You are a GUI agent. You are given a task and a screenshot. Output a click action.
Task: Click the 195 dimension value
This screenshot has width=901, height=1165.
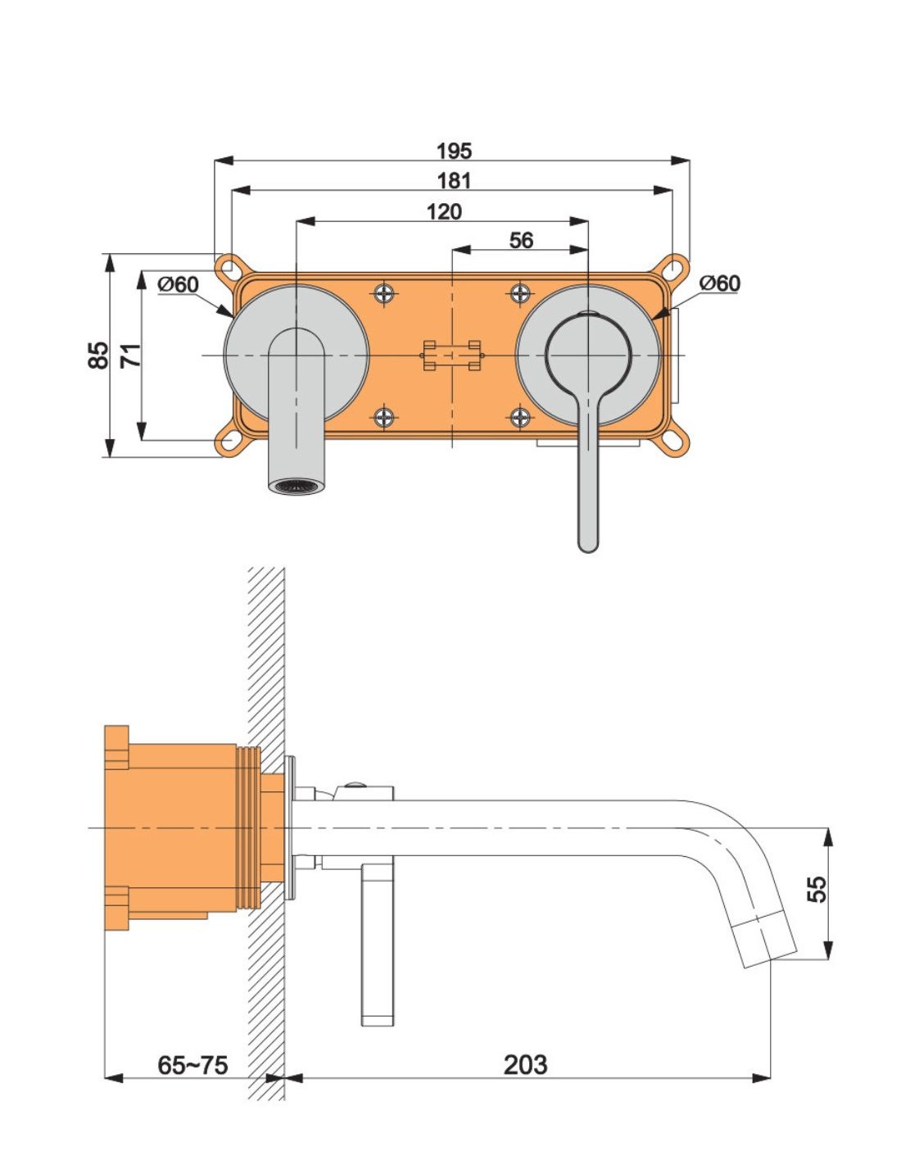[454, 151]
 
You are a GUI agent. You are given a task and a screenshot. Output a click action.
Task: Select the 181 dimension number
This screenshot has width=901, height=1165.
[454, 181]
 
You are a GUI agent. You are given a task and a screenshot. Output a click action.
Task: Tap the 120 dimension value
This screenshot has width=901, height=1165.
[444, 211]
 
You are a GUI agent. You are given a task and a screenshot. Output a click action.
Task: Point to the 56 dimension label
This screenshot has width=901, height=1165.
[521, 240]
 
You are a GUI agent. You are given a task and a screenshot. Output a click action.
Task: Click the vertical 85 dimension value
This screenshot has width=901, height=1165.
[97, 355]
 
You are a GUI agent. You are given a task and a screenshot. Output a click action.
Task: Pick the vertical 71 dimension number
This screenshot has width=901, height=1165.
[130, 355]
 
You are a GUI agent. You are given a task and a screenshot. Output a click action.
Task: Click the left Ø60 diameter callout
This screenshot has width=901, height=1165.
[178, 284]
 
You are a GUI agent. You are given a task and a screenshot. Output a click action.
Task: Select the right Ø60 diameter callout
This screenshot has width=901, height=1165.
[720, 283]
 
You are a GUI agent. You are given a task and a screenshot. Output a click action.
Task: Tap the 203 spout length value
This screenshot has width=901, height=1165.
[525, 1064]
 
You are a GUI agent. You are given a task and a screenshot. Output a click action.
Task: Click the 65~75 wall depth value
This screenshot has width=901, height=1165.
[192, 1064]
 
